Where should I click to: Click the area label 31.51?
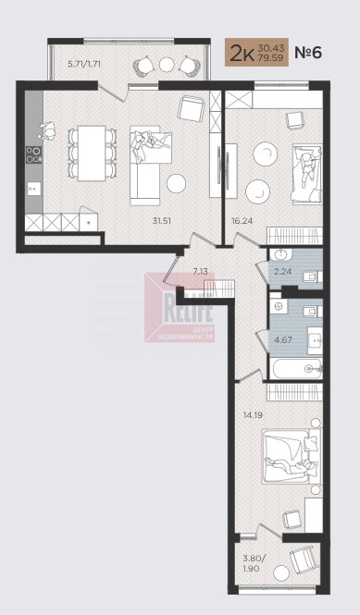(x=161, y=221)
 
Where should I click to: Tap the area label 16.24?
(x=242, y=221)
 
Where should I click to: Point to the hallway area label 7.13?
(x=200, y=271)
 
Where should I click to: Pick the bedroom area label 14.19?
(x=253, y=414)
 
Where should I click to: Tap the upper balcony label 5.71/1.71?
(x=84, y=64)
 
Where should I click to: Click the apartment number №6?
(x=308, y=52)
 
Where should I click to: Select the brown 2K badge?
(x=256, y=52)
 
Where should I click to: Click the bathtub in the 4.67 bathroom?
(x=296, y=368)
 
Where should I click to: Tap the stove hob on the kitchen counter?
(x=33, y=154)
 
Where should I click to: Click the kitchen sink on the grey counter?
(x=34, y=190)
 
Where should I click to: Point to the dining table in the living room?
(x=92, y=153)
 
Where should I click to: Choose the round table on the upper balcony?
(x=167, y=65)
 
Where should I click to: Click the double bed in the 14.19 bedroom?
(x=292, y=457)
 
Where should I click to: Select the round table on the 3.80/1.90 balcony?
(x=281, y=573)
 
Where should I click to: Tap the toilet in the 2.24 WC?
(x=313, y=277)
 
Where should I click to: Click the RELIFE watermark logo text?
(x=188, y=308)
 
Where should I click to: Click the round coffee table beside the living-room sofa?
(x=176, y=183)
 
